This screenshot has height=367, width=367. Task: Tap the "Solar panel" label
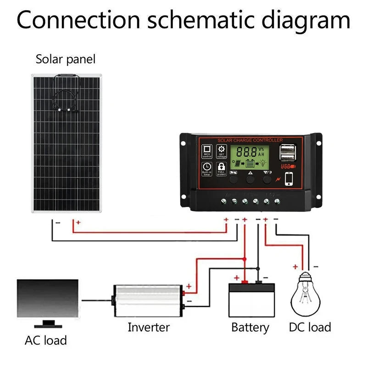coord(66,59)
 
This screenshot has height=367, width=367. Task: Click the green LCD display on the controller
coord(250,157)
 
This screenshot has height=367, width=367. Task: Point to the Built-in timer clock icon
coord(207,169)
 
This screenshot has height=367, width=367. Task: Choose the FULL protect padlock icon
coord(222,169)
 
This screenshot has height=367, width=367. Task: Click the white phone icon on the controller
coord(289,178)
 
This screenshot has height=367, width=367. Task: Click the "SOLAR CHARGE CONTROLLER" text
coord(250,140)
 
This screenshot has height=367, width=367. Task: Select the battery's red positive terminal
coord(245,281)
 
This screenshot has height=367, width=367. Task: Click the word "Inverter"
coord(148,327)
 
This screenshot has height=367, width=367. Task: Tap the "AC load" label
coord(45,340)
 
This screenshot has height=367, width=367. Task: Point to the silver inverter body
coord(147,300)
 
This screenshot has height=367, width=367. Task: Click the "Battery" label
coord(250,328)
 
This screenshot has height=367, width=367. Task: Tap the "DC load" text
coord(310,327)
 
